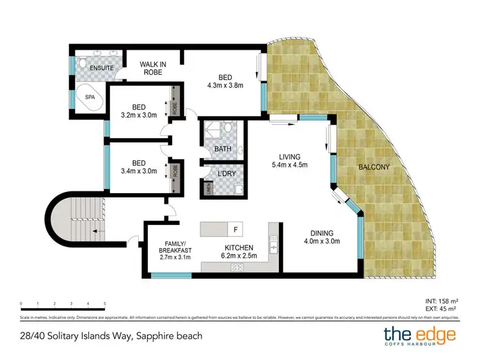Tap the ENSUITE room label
click(x=101, y=67)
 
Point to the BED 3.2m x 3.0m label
click(x=139, y=112)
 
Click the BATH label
click(x=223, y=149)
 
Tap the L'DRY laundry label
click(x=223, y=174)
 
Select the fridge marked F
click(x=236, y=228)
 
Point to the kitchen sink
click(x=274, y=244)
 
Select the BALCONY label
click(x=374, y=168)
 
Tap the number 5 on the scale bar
click(x=105, y=304)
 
